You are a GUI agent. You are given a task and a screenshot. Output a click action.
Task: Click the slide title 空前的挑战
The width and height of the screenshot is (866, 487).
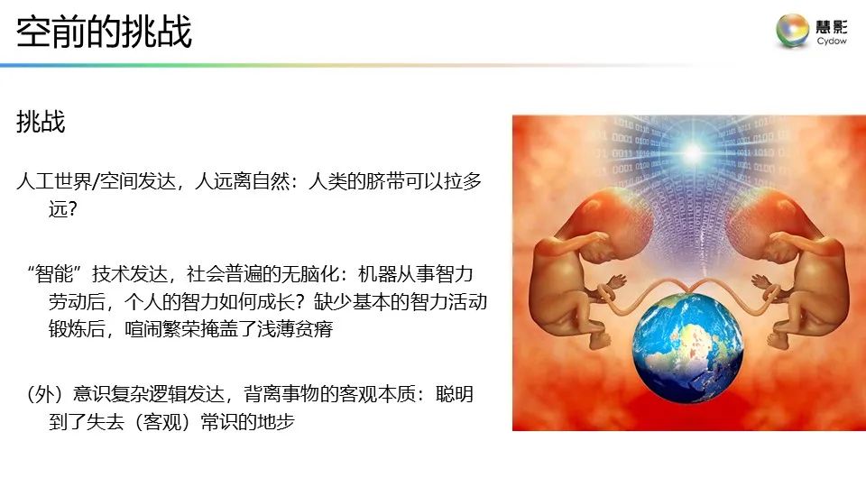coord(105,32)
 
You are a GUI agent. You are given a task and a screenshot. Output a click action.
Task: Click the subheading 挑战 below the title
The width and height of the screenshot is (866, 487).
coord(41,123)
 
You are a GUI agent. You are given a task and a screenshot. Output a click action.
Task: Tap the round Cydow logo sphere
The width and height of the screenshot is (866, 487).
coord(793,31)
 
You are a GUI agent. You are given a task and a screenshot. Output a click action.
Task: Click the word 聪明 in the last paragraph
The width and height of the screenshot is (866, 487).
coord(455,394)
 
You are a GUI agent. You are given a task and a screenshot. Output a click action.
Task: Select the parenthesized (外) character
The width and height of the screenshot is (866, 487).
coord(41,394)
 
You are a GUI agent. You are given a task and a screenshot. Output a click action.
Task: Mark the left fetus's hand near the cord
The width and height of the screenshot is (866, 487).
coord(616,280)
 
